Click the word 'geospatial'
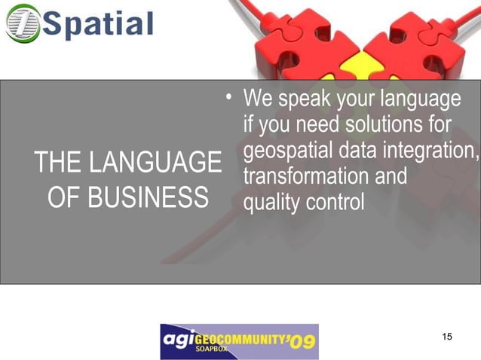[289, 151]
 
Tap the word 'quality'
[268, 202]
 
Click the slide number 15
[447, 336]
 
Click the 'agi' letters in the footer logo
[179, 341]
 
